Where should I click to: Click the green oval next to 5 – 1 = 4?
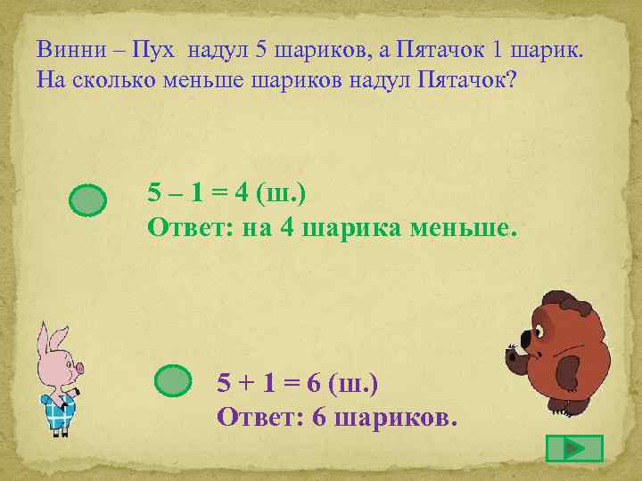tap(87, 200)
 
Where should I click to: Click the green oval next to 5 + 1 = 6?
tap(173, 380)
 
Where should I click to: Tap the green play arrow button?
tap(574, 448)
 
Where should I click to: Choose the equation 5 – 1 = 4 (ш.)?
tap(231, 192)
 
